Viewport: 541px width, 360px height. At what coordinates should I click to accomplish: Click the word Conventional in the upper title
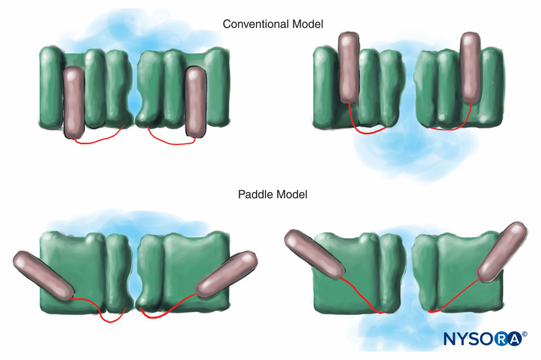pyautogui.click(x=256, y=24)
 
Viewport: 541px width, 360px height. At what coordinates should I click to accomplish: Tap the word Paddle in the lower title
pyautogui.click(x=255, y=195)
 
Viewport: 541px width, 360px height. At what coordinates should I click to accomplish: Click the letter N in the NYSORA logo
pyautogui.click(x=450, y=339)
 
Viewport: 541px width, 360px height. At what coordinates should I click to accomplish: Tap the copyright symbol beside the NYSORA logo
pyautogui.click(x=525, y=334)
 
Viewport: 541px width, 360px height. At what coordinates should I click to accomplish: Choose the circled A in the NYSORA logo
pyautogui.click(x=515, y=339)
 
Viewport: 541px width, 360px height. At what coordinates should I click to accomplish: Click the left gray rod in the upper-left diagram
pyautogui.click(x=74, y=103)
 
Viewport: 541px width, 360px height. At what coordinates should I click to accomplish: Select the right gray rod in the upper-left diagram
pyautogui.click(x=195, y=103)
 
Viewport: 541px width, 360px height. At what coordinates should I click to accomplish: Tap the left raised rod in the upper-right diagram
pyautogui.click(x=349, y=68)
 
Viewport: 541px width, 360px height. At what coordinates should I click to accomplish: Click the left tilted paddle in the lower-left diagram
pyautogui.click(x=43, y=275)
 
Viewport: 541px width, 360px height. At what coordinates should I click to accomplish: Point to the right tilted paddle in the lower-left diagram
pyautogui.click(x=226, y=274)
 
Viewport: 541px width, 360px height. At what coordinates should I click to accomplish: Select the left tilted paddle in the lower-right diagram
pyautogui.click(x=314, y=254)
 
